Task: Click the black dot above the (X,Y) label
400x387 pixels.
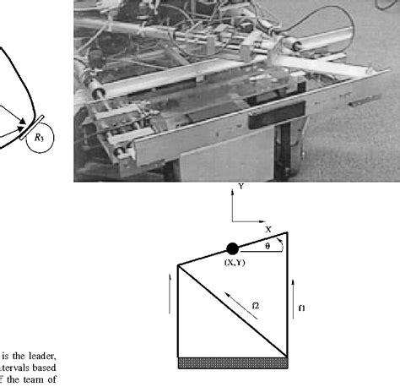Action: pyautogui.click(x=232, y=248)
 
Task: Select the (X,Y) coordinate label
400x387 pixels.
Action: pyautogui.click(x=235, y=263)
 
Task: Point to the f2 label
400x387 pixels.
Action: pyautogui.click(x=256, y=302)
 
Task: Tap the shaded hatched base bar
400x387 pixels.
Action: pyautogui.click(x=234, y=362)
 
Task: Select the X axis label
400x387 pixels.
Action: pyautogui.click(x=268, y=229)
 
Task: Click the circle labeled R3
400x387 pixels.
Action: pyautogui.click(x=39, y=135)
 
